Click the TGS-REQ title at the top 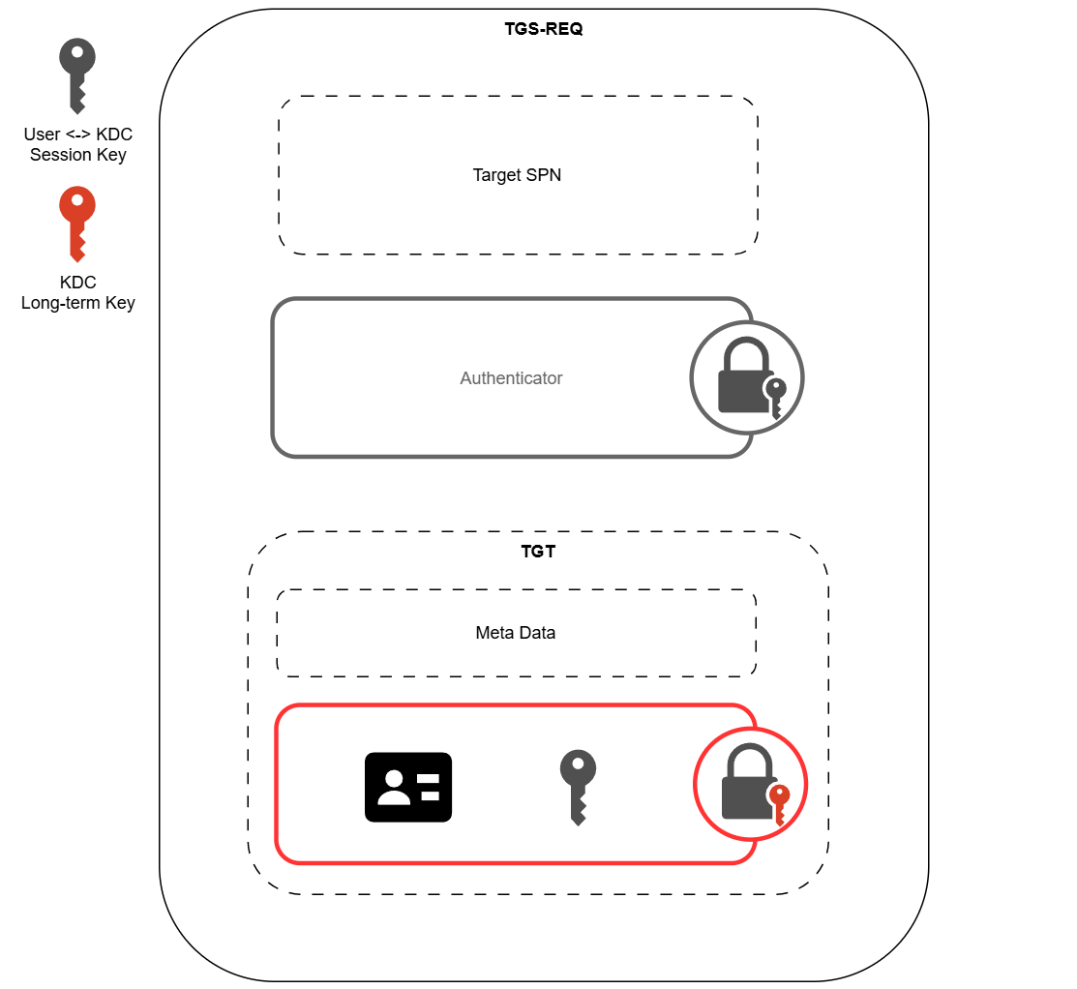point(543,28)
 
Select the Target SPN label point(517,175)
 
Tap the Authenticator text point(511,378)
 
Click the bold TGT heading point(538,554)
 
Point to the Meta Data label point(515,633)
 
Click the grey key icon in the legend point(77,75)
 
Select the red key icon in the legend point(77,224)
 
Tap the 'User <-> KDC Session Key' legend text point(78,144)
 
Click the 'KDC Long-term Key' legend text point(78,292)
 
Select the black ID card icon point(407,787)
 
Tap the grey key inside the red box point(578,787)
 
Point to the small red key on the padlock point(779,803)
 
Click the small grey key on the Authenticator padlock point(775,396)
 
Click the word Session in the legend point(60,155)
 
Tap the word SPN point(544,175)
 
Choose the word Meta point(494,633)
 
